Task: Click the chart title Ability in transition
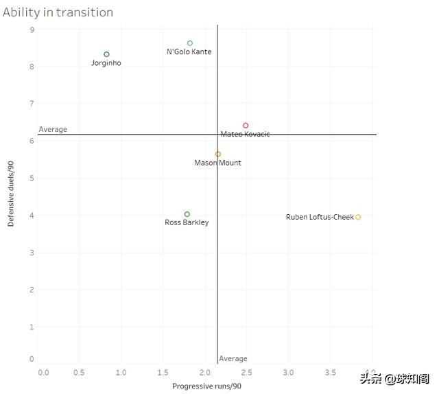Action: (58, 12)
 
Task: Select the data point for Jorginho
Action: (106, 54)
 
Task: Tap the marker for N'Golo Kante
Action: (190, 43)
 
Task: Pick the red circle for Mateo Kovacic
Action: (246, 126)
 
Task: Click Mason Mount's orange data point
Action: (218, 154)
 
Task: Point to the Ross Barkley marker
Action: (187, 214)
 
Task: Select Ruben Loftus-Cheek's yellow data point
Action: (358, 217)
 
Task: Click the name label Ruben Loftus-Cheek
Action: (320, 218)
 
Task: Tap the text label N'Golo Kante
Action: (189, 52)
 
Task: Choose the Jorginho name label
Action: (106, 63)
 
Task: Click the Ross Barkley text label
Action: (187, 222)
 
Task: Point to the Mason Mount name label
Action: (217, 163)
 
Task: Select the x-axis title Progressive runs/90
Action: (206, 386)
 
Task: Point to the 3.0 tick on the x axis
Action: (288, 372)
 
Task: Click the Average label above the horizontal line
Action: (53, 129)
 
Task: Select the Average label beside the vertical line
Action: (233, 359)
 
